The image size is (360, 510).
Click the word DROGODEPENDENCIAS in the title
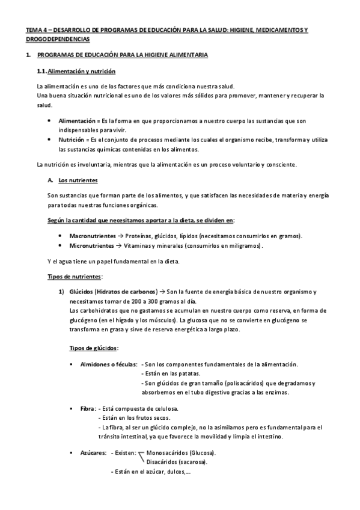58,39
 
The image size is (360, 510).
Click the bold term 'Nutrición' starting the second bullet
72,140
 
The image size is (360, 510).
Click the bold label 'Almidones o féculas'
108,364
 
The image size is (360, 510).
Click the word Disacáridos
163,462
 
